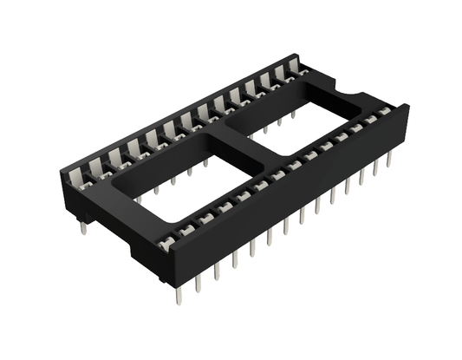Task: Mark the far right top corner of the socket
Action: click(x=405, y=107)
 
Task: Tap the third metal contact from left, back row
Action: click(x=132, y=147)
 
